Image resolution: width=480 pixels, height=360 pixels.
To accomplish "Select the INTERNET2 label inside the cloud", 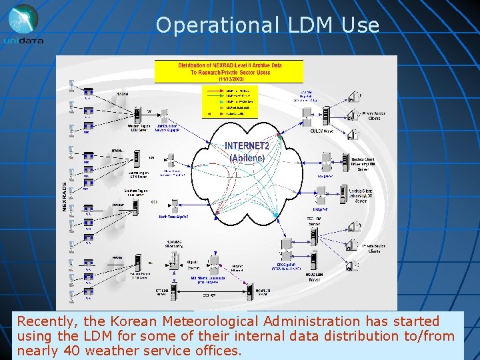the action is (247, 146).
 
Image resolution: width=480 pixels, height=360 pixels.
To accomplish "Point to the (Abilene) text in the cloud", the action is (247, 158).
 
